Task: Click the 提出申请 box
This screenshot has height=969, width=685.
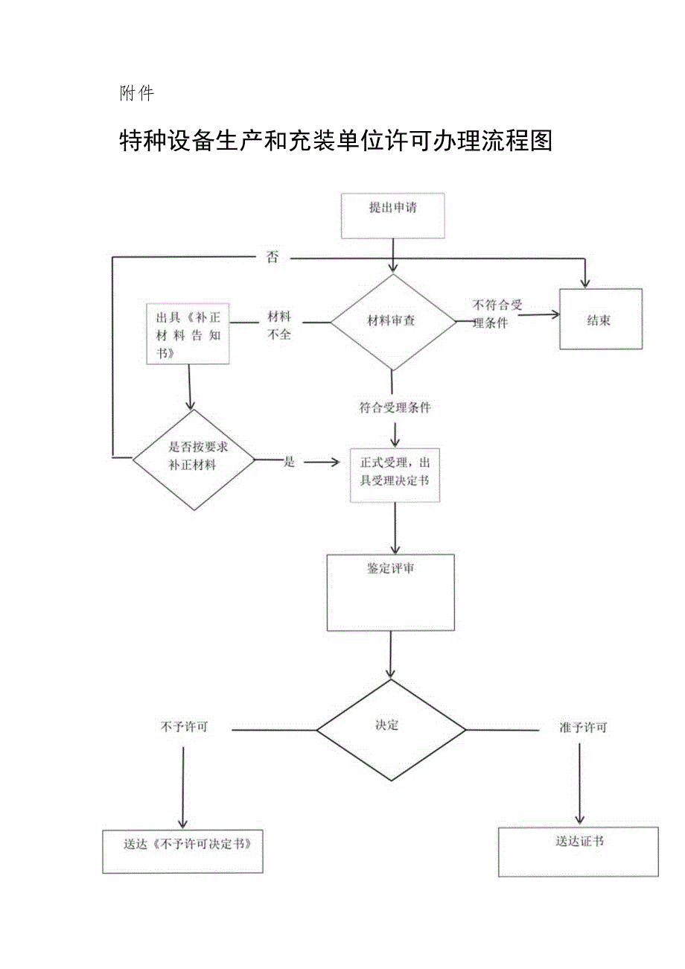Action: point(392,216)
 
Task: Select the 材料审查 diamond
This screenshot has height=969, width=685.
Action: point(392,322)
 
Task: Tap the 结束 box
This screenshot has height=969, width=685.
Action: point(600,319)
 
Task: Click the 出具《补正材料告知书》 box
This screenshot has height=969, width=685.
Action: point(188,333)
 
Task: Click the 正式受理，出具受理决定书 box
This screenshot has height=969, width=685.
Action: point(395,474)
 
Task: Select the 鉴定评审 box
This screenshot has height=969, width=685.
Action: point(391,592)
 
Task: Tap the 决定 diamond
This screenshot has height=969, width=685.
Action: point(391,729)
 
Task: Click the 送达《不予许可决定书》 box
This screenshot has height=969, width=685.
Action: point(182,851)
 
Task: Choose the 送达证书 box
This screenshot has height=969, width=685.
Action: point(579,851)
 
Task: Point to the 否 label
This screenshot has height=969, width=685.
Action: point(273,258)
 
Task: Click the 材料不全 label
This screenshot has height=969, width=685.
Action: point(279,325)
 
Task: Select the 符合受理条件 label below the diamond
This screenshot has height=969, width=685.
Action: point(395,407)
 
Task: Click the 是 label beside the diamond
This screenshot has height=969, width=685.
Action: point(289,462)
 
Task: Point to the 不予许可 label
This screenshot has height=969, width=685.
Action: point(184,727)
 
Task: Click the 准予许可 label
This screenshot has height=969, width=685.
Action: point(583,727)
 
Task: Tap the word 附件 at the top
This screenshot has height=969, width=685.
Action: point(136,94)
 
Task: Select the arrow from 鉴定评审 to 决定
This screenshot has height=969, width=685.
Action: point(391,655)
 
